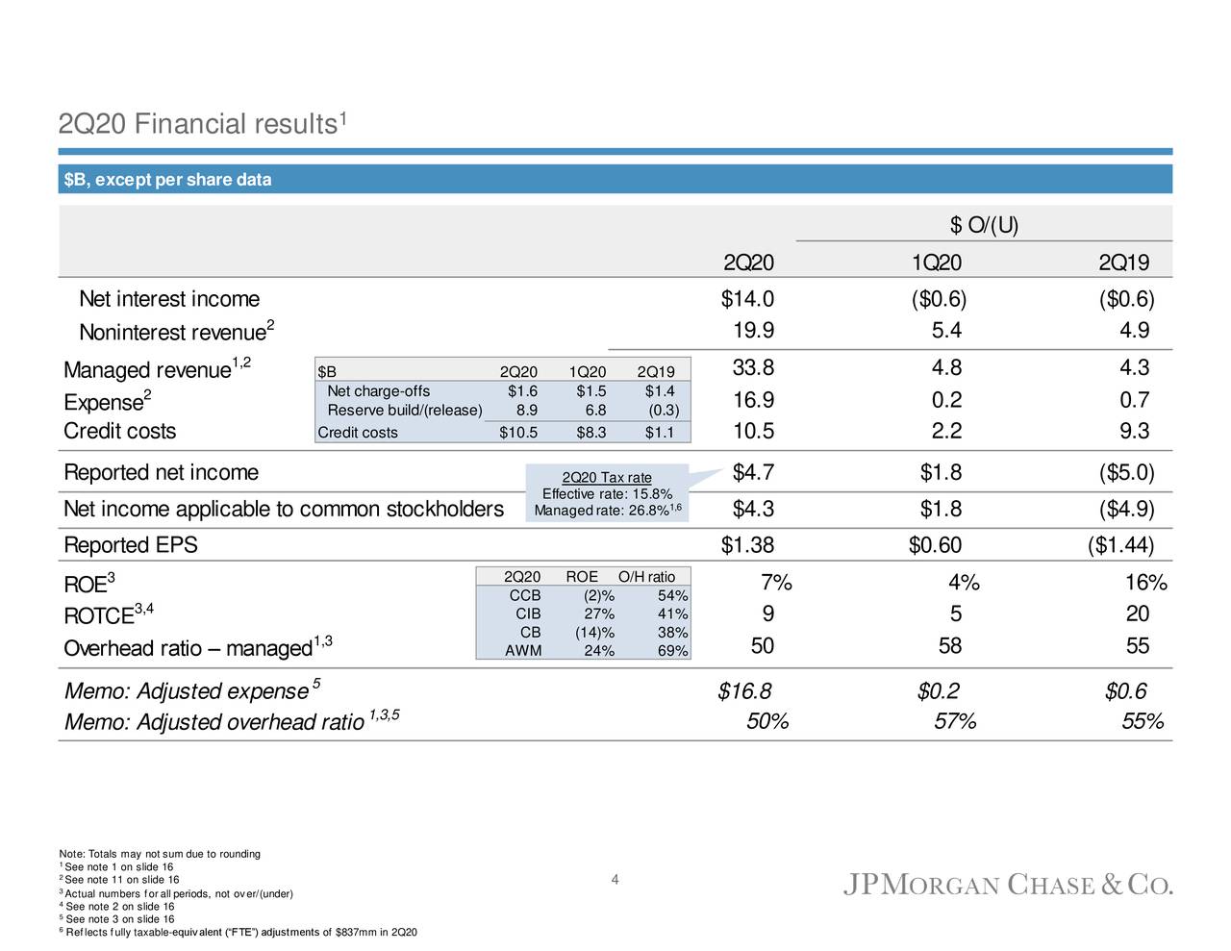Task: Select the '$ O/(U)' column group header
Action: (x=984, y=225)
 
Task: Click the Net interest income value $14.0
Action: (x=747, y=299)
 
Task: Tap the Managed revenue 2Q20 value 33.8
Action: (x=753, y=368)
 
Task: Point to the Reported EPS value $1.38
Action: (x=747, y=545)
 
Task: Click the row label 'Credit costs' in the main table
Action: (x=120, y=431)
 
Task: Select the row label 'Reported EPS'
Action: (x=131, y=545)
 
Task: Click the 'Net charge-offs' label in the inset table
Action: (x=378, y=390)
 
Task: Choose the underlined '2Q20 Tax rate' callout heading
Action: (x=607, y=478)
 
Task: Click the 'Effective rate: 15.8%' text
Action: (x=607, y=494)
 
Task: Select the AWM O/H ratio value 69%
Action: (x=672, y=651)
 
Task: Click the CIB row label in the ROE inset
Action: (x=528, y=613)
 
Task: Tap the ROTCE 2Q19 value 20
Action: (x=1137, y=614)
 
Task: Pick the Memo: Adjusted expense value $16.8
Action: (x=744, y=691)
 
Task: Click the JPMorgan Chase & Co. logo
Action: (x=1008, y=886)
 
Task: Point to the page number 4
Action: (x=615, y=880)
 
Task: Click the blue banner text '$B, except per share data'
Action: (x=167, y=180)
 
